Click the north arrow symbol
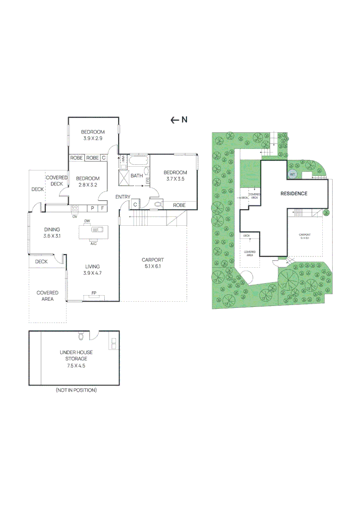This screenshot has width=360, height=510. [x=175, y=120]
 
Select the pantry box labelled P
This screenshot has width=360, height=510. [x=92, y=208]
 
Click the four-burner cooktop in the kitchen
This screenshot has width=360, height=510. [x=75, y=208]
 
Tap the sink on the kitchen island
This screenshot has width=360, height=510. [x=98, y=230]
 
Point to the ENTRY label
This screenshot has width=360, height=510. [x=123, y=197]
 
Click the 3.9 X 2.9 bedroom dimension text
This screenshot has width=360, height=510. [x=92, y=138]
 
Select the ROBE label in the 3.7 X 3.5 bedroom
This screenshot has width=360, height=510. [x=179, y=205]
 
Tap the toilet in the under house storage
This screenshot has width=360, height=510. [x=81, y=336]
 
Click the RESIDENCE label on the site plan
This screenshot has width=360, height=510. [x=294, y=194]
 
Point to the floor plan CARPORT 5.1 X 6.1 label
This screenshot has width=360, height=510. [x=152, y=263]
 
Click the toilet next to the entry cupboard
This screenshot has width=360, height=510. [x=157, y=204]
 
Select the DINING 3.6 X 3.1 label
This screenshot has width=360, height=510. [x=52, y=232]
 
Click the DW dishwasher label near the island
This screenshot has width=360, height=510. [x=87, y=221]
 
